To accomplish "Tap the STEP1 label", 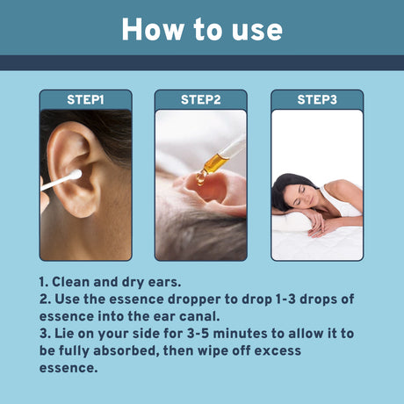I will [x=85, y=99].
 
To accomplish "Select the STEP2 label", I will [x=201, y=99].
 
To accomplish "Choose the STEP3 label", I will [x=317, y=99].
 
